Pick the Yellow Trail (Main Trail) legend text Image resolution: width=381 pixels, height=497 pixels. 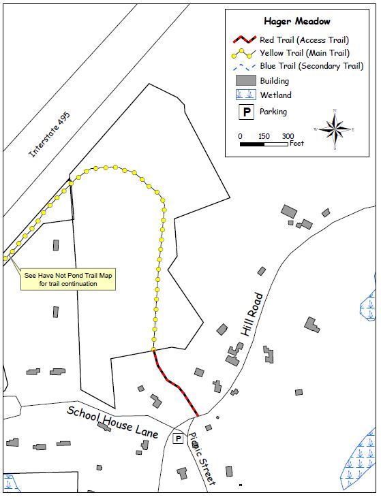[305, 53]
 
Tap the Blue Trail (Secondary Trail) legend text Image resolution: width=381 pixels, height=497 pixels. [310, 66]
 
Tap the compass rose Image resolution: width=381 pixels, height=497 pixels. [335, 129]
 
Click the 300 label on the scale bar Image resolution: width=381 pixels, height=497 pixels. [288, 136]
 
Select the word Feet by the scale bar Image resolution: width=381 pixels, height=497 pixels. [296, 144]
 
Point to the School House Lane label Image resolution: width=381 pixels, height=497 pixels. [112, 422]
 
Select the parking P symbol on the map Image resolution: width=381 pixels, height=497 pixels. [178, 439]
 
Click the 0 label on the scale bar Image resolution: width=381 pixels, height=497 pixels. [240, 136]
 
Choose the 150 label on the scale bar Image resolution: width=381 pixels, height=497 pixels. [264, 136]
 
